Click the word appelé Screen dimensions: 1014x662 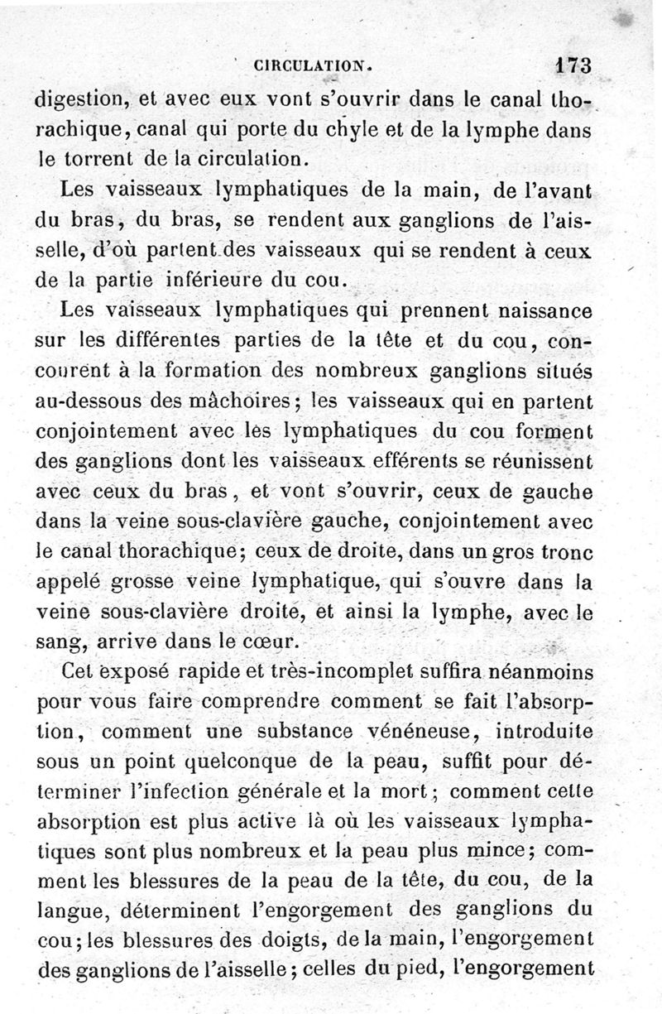(x=74, y=582)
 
